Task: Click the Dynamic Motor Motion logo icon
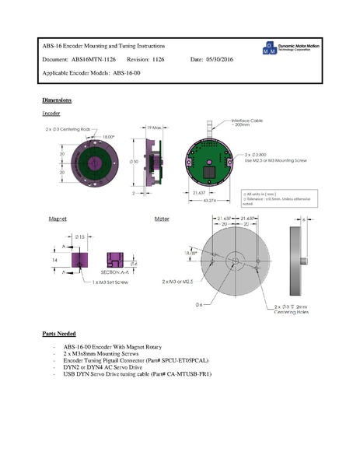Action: pos(268,49)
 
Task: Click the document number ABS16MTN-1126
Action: pos(93,59)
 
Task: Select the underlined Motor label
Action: pos(162,219)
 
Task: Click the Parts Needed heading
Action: pos(59,333)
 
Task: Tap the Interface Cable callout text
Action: pos(250,124)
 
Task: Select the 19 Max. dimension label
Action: pos(152,128)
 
